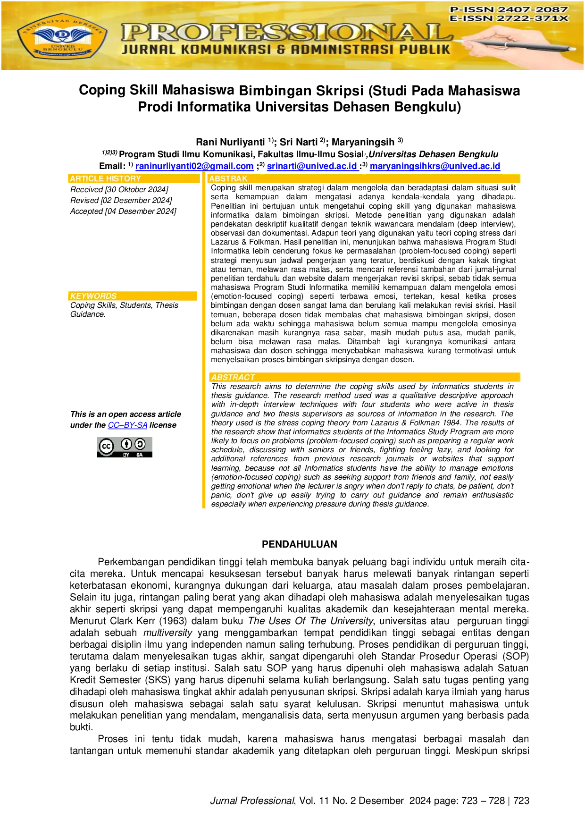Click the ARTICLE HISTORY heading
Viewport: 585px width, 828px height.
105,178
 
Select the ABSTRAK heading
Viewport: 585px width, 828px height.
228,178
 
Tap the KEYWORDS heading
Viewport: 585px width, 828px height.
93,296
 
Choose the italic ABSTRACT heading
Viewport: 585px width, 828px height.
233,377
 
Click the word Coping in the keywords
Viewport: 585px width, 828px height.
82,305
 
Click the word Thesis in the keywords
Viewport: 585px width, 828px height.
167,305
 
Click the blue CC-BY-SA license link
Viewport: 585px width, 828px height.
127,425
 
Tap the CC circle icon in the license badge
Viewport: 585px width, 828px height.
106,446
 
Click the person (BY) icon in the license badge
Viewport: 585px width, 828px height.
126,444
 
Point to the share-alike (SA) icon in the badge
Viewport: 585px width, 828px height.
140,444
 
